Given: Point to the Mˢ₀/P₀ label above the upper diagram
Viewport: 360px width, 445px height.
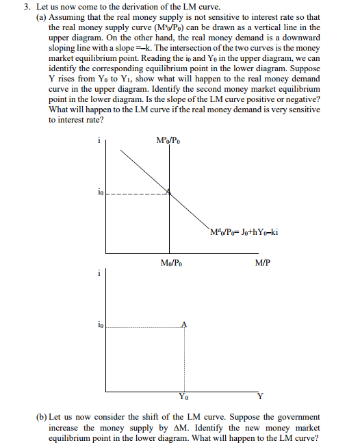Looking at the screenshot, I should click(169, 142).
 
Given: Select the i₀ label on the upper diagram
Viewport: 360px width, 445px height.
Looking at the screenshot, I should click(99, 194).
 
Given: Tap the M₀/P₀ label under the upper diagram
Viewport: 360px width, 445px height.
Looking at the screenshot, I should click(170, 262).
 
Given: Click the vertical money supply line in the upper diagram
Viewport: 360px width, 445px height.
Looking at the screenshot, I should click(170, 226).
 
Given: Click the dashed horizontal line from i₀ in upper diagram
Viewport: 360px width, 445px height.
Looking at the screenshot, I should click(137, 193).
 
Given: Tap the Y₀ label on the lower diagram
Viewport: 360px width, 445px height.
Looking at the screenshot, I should click(183, 396).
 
